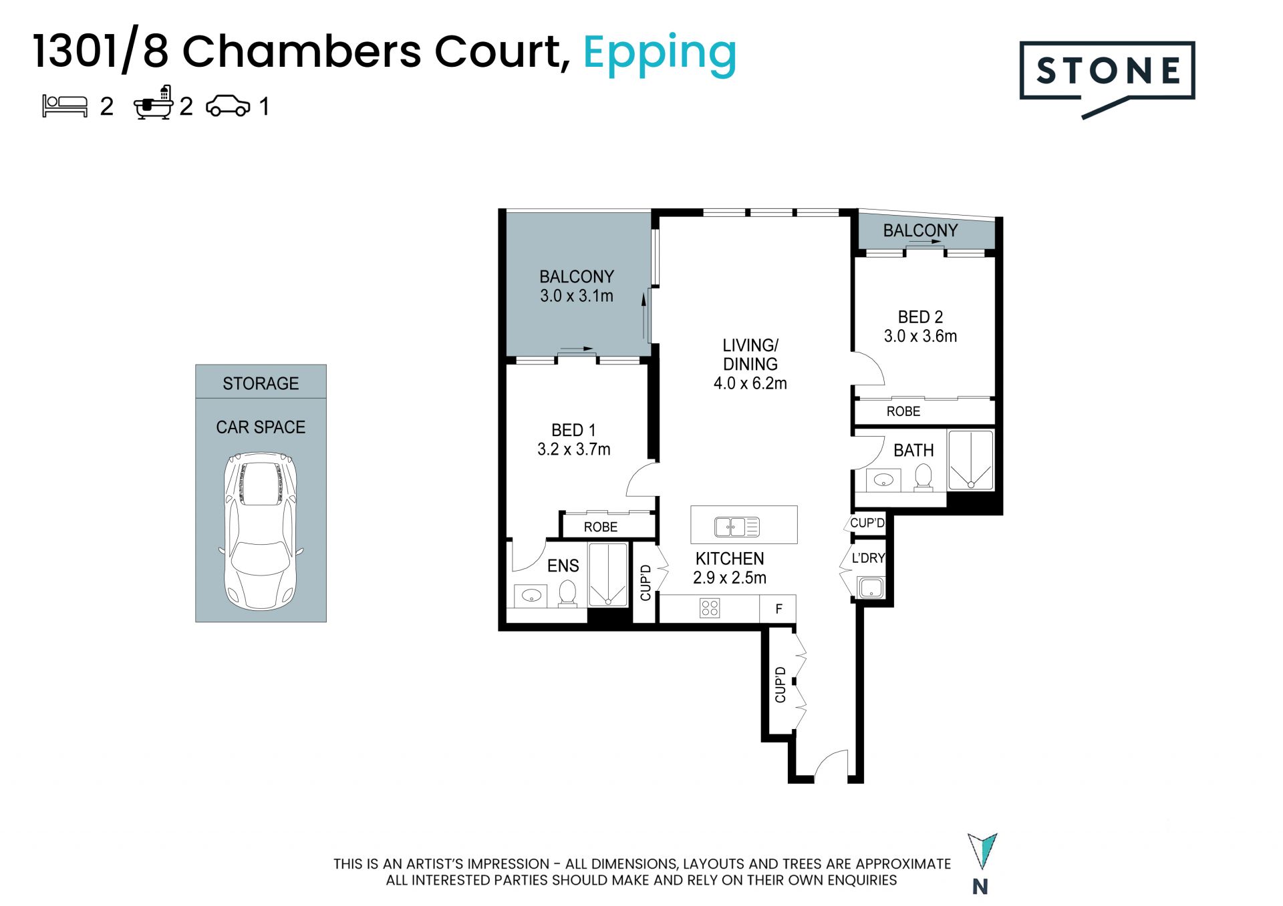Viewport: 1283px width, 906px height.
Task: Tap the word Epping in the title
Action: (660, 54)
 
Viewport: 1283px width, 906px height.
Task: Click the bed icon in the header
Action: (65, 106)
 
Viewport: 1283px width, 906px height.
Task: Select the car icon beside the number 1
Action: (228, 106)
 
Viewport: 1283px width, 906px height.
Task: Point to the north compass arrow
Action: (982, 851)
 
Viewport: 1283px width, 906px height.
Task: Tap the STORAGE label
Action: (261, 383)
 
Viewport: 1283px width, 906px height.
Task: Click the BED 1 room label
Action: (573, 430)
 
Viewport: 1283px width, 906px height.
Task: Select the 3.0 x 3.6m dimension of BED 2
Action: (920, 336)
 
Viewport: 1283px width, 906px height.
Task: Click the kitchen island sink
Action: (736, 527)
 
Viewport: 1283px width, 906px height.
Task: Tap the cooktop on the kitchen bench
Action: (710, 608)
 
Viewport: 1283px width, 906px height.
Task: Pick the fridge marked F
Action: (778, 608)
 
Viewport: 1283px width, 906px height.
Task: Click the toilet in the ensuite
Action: (567, 593)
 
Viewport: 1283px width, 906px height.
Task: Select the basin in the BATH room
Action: (883, 480)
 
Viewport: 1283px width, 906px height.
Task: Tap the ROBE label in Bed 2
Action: (903, 411)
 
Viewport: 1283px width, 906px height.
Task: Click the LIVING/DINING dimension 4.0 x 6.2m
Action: (750, 383)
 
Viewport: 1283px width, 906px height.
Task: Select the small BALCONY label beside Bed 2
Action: (920, 230)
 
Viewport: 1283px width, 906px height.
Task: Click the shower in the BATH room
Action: (970, 460)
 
